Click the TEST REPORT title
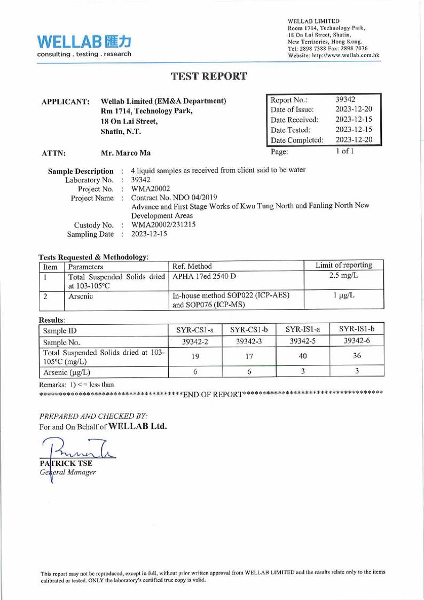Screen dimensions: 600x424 pyautogui.click(x=209, y=76)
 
